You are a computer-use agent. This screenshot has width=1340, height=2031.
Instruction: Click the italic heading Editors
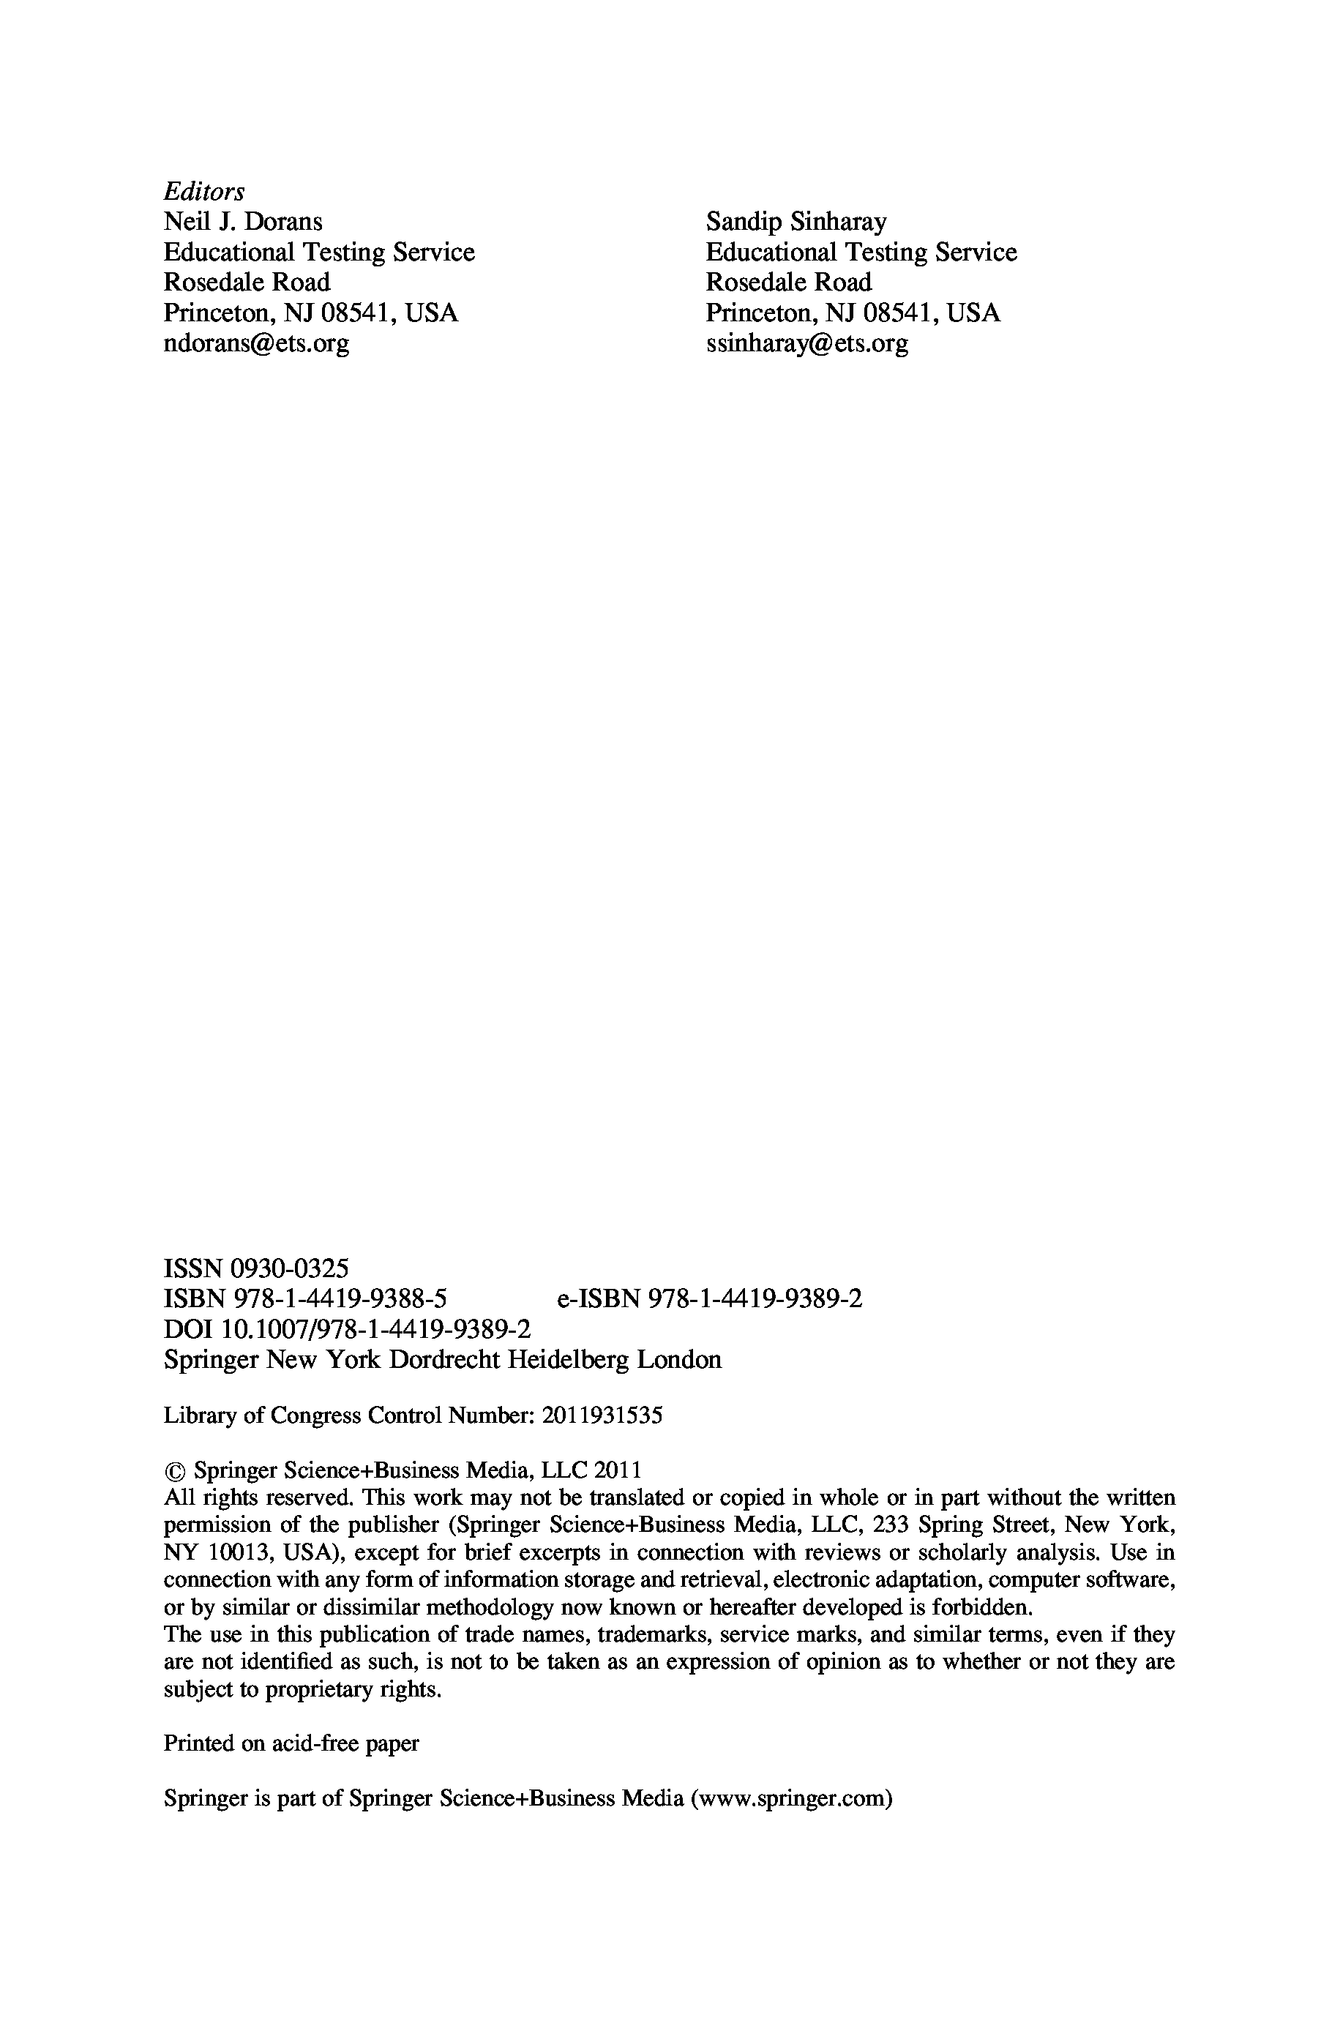point(203,192)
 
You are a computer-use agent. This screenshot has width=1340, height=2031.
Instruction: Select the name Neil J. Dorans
point(243,222)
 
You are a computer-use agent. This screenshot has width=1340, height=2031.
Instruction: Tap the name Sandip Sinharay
point(796,222)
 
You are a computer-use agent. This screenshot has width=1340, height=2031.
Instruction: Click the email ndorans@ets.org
point(256,343)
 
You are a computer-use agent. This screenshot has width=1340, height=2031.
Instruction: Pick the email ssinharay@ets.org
point(806,343)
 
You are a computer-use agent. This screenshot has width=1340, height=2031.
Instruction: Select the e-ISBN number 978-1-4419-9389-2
point(755,1299)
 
